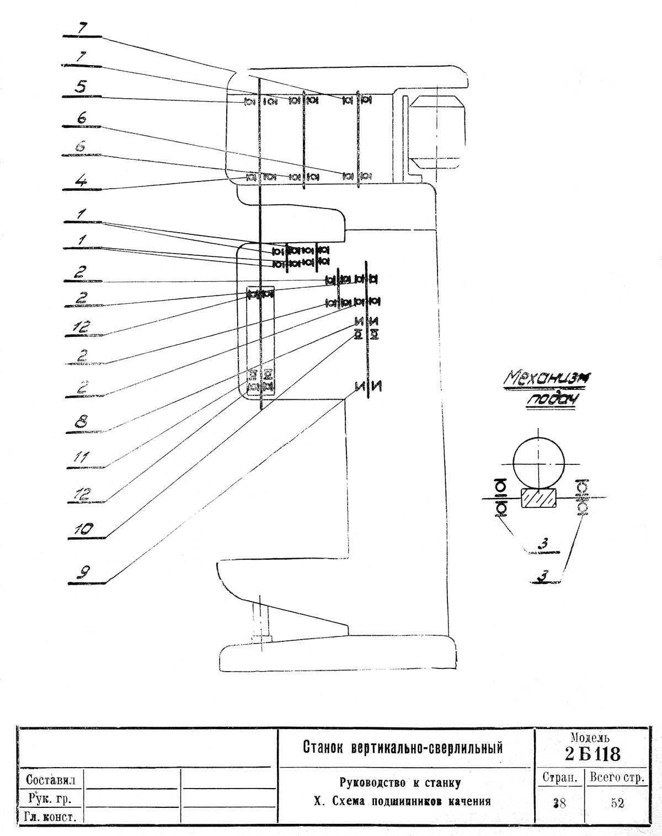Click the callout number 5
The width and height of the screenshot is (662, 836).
coord(81,87)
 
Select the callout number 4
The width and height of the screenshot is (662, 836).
coord(81,180)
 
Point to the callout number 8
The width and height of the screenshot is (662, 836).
coord(82,422)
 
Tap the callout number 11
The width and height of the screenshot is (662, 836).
coord(82,458)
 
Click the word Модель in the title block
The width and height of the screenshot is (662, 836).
coord(591,737)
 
